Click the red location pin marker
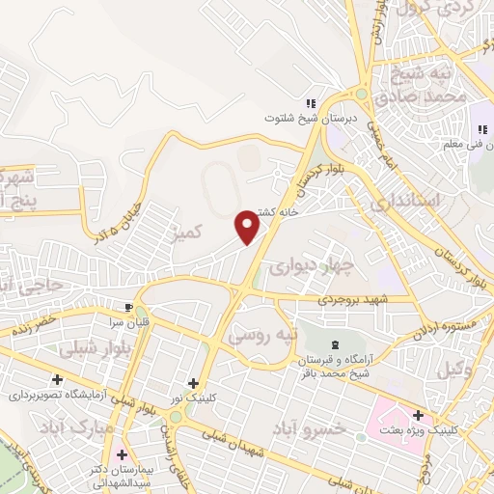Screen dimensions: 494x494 [249, 227]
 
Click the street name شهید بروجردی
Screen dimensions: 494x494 [356, 301]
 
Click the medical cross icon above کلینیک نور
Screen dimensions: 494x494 [193, 383]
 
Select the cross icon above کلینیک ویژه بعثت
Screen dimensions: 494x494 [418, 415]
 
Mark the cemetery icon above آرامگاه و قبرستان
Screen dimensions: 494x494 [335, 345]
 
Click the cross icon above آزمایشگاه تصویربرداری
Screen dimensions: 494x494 [58, 379]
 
